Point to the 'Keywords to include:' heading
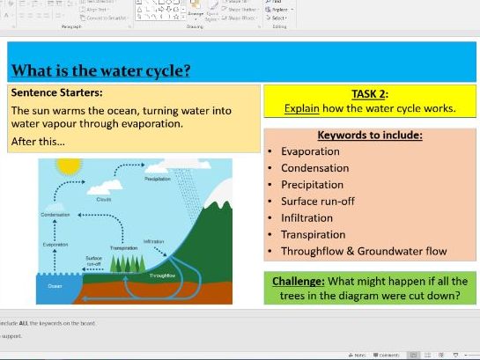[x=369, y=136]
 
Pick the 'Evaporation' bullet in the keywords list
[x=310, y=151]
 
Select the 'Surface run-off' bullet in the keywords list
[x=318, y=202]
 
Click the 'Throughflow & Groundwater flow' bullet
[x=364, y=252]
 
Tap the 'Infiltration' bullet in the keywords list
[x=306, y=218]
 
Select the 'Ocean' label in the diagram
[x=55, y=285]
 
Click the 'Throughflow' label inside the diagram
[x=163, y=275]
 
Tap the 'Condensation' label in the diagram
[x=55, y=215]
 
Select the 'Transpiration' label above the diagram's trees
[x=123, y=248]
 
